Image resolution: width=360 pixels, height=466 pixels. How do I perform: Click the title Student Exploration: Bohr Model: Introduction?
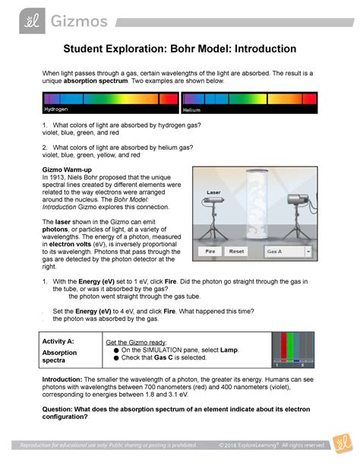click(179, 49)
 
